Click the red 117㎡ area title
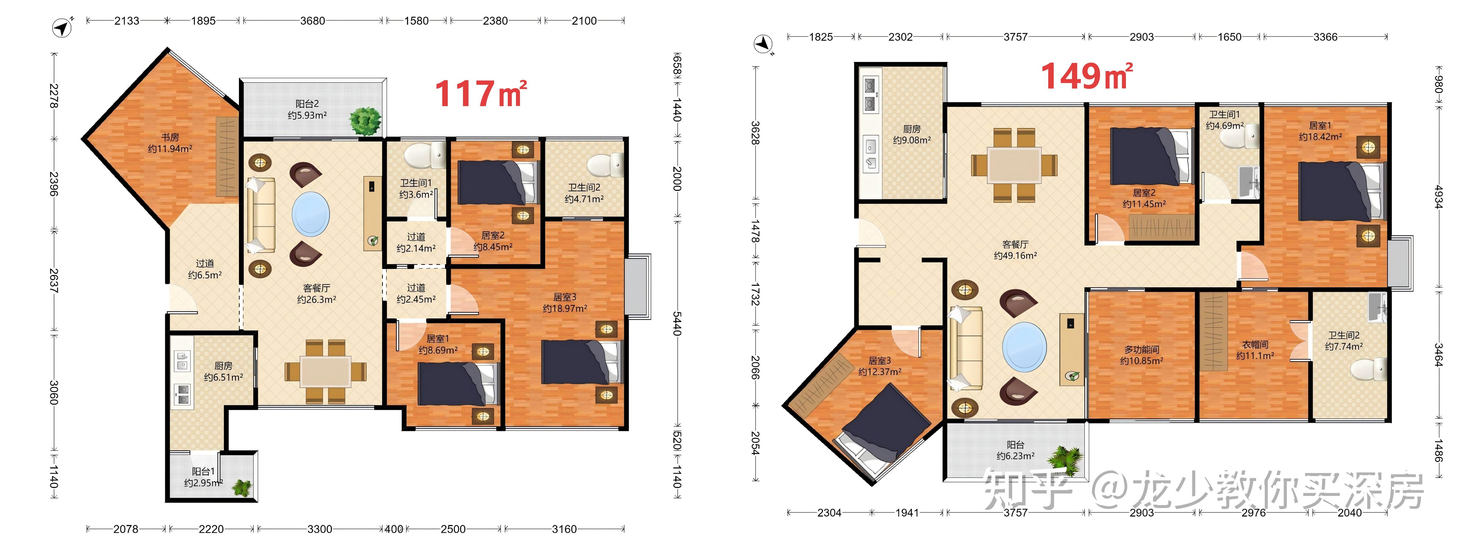click(x=480, y=94)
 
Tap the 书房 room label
click(x=170, y=137)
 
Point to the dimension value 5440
click(x=677, y=323)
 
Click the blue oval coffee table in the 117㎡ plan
click(x=311, y=214)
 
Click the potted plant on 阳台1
click(x=243, y=488)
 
